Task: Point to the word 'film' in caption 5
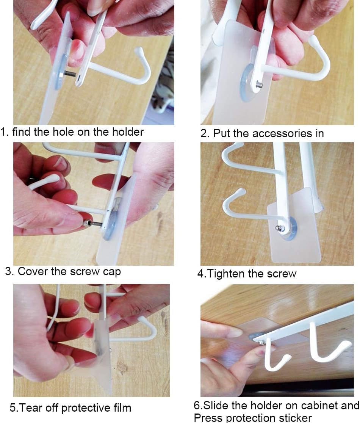[122, 407]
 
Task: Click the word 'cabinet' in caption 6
[320, 406]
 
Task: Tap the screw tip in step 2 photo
[260, 85]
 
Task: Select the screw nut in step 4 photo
[280, 228]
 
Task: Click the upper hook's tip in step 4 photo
[238, 145]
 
